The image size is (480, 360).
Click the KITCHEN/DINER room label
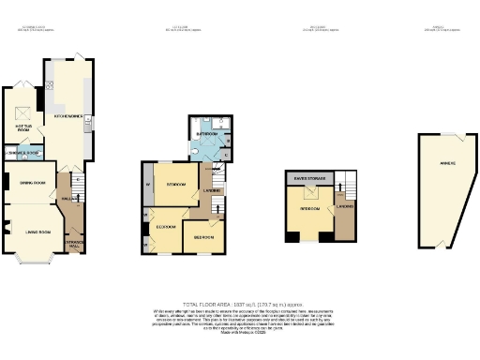click(x=67, y=117)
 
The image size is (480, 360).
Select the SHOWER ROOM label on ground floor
click(x=23, y=152)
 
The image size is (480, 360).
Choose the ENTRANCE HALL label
click(x=73, y=243)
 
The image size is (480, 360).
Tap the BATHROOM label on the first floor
click(x=205, y=134)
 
